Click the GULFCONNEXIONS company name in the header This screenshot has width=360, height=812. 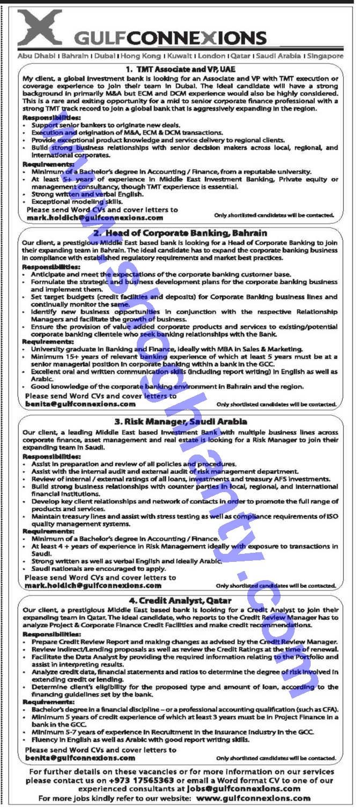pos(170,38)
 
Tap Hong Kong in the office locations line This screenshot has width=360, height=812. pos(141,55)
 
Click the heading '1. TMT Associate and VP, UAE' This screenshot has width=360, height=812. pos(180,69)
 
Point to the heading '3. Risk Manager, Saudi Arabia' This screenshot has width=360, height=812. pos(180,422)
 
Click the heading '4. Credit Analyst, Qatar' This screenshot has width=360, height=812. pos(180,601)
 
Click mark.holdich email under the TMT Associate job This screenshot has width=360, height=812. pos(94,218)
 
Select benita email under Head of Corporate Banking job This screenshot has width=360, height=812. pos(80,404)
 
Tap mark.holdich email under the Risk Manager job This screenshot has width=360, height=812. pos(93,586)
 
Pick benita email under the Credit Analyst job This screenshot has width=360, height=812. pos(80,757)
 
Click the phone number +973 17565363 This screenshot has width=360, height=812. pos(141,780)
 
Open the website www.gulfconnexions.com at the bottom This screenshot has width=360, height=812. pos(253,798)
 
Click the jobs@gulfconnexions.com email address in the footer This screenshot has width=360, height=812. pos(244,788)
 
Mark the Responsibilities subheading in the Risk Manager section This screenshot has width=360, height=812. pos(52,456)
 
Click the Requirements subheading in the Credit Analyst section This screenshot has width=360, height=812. pos(49,701)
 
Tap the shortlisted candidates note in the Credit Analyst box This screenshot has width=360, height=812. pos(276,758)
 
